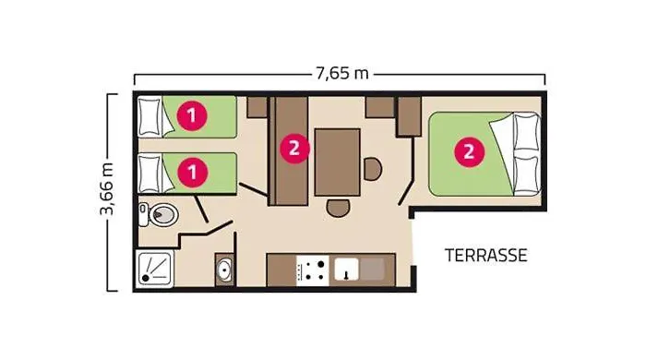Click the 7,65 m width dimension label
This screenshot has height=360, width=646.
point(342,73)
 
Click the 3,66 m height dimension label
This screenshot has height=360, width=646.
point(107,189)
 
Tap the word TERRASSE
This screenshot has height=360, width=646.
point(485,256)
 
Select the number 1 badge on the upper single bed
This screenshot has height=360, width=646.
point(192,115)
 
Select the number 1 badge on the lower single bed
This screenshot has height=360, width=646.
point(192,172)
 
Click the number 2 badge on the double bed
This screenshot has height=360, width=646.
point(469,152)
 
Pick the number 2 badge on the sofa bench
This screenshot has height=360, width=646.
point(294,149)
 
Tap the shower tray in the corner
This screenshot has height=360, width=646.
point(154,269)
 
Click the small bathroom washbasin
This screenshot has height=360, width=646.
point(225,270)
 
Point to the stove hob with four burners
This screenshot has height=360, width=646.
point(312,270)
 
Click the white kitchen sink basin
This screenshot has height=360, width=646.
point(346,270)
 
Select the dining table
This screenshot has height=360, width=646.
point(338,162)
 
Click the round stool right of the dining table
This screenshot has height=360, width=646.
point(373,169)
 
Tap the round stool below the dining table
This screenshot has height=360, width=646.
point(338,208)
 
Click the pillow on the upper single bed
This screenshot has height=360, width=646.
point(150,117)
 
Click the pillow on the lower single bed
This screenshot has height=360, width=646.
point(150,174)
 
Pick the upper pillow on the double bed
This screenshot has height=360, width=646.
point(527,132)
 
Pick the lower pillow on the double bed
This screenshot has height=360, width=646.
point(527,173)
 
